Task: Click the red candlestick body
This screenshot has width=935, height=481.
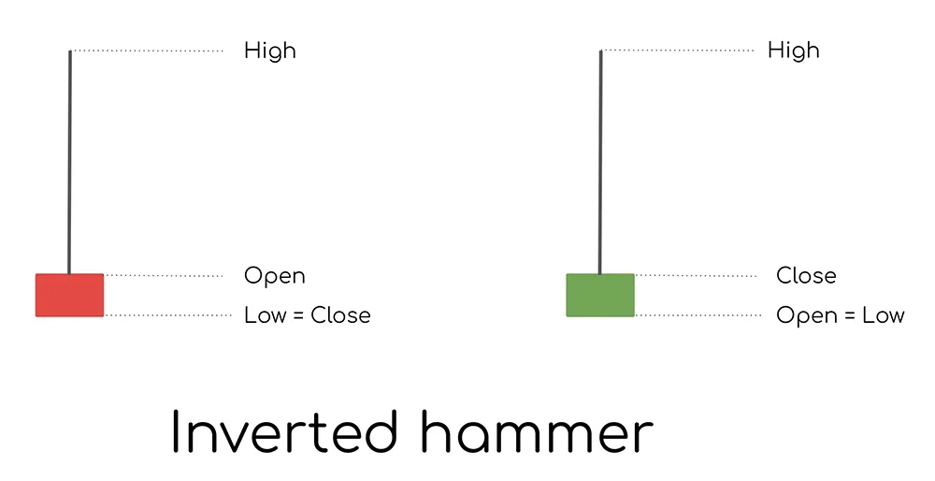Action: (69, 295)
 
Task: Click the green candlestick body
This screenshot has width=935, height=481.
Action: (600, 295)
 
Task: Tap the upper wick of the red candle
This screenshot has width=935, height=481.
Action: (69, 159)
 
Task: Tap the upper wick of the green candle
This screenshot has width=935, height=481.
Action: (600, 159)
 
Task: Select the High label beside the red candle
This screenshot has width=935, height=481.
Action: (269, 51)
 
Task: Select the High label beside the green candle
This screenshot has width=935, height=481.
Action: (793, 51)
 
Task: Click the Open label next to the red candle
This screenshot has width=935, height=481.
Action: (274, 276)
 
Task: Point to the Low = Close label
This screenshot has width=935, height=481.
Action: (307, 315)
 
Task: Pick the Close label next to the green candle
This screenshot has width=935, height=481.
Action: (806, 276)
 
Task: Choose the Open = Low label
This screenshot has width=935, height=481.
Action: (840, 315)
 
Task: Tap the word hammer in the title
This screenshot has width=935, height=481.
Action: (536, 433)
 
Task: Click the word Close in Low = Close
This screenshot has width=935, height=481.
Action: (340, 315)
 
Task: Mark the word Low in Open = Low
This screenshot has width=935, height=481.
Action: (884, 315)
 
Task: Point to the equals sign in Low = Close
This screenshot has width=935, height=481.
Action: (298, 316)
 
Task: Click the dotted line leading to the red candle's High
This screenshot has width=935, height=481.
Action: (148, 51)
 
